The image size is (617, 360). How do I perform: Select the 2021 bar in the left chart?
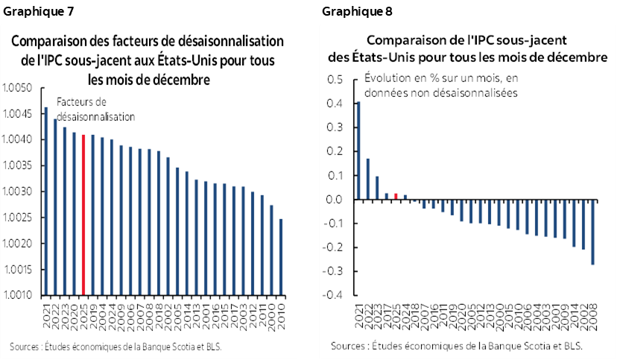(45, 201)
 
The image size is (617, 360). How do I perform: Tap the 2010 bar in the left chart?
(280, 257)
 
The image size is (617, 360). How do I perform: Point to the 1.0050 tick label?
(16, 88)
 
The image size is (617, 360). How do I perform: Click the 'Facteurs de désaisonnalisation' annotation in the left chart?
(85, 110)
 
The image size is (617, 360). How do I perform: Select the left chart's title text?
(148, 58)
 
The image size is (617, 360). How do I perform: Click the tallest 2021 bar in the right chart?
(358, 151)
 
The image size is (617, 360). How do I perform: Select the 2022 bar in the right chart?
(368, 179)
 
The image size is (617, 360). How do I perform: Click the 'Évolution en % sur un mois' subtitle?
(441, 86)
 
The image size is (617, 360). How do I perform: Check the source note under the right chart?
(456, 346)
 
